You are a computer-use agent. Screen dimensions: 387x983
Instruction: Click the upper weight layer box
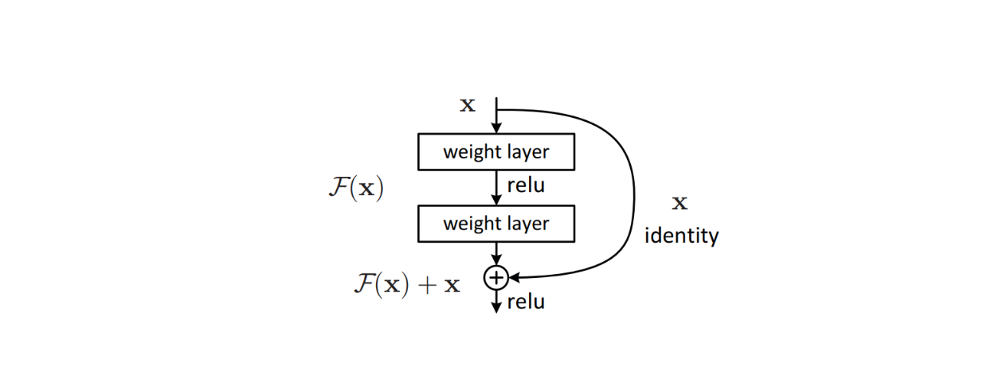click(495, 151)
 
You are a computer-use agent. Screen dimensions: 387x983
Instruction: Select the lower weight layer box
click(495, 223)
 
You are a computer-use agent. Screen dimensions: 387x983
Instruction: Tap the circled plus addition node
click(495, 276)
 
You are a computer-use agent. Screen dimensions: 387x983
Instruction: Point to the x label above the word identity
click(679, 203)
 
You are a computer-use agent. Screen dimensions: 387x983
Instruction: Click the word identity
click(681, 236)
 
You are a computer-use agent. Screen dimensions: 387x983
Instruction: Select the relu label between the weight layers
click(526, 186)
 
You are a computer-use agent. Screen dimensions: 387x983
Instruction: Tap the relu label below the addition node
click(526, 302)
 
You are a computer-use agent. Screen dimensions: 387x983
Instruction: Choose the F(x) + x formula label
click(407, 284)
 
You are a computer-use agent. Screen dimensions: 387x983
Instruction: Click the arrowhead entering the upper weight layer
click(496, 127)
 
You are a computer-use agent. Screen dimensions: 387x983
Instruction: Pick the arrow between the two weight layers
click(496, 187)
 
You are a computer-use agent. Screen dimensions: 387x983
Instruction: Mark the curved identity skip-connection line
click(634, 191)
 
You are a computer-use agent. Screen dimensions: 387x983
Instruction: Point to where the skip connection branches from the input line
click(496, 110)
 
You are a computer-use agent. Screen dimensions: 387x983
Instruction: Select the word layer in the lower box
click(527, 223)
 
